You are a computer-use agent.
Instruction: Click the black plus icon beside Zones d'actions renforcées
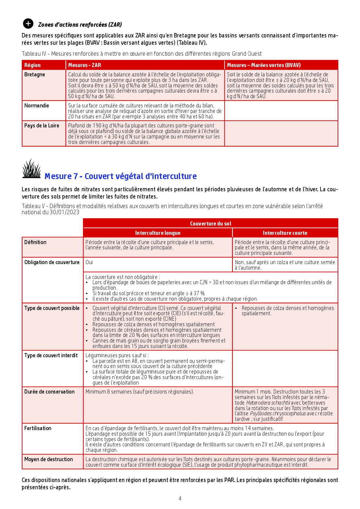tap(28, 24)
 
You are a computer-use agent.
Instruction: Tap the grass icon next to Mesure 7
tap(31, 169)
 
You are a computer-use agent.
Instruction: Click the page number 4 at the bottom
tap(180, 499)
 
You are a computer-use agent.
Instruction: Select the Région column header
tap(33, 65)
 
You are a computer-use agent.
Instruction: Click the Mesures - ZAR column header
tap(84, 65)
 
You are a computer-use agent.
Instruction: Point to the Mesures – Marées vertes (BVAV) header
tap(264, 65)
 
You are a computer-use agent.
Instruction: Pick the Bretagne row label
tap(35, 75)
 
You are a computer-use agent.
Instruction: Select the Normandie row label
tap(37, 106)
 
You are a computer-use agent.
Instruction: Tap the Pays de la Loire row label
tap(42, 126)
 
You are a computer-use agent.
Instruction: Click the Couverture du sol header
tap(210, 223)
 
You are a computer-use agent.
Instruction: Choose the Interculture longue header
tap(158, 233)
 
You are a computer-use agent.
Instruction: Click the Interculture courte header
tap(285, 233)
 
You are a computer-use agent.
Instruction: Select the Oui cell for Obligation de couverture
tap(89, 262)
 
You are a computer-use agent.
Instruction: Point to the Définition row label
tap(35, 242)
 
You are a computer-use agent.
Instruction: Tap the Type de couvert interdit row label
tap(51, 355)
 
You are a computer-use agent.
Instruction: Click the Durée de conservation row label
tap(49, 392)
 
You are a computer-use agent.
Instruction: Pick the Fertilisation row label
tap(38, 428)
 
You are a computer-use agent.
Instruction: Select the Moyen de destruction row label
tap(48, 459)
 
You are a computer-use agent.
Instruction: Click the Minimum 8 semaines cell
tap(139, 392)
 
